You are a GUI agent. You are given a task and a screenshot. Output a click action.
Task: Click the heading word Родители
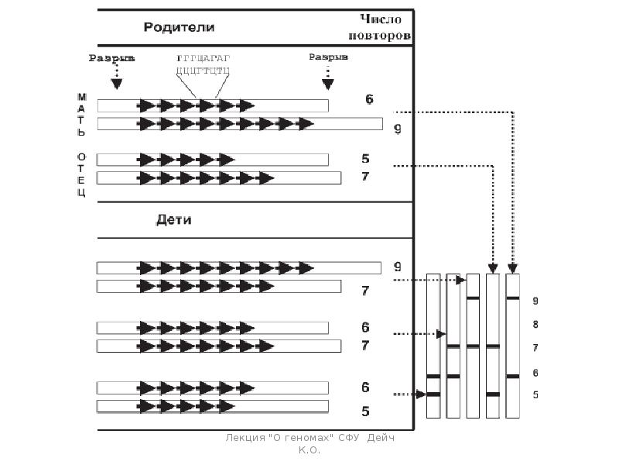178,27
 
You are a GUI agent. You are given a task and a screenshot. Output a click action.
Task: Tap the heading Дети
173,219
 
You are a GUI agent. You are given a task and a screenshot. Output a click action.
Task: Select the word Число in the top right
384,19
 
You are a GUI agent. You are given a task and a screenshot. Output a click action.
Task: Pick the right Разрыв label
328,57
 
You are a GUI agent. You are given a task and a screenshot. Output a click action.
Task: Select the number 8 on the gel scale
535,324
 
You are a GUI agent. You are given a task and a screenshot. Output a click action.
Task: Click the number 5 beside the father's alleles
366,159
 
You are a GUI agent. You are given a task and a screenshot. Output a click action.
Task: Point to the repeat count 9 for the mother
397,129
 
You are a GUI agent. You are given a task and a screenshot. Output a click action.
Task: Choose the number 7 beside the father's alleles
366,177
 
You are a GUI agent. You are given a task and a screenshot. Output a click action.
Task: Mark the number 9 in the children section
397,265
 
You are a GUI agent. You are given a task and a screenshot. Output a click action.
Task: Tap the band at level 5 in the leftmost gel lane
433,394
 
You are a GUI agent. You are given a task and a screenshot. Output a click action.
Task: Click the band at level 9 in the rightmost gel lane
512,298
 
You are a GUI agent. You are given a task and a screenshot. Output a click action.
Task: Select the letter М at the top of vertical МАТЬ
81,97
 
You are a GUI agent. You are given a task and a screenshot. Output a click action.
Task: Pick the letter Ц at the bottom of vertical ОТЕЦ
81,192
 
